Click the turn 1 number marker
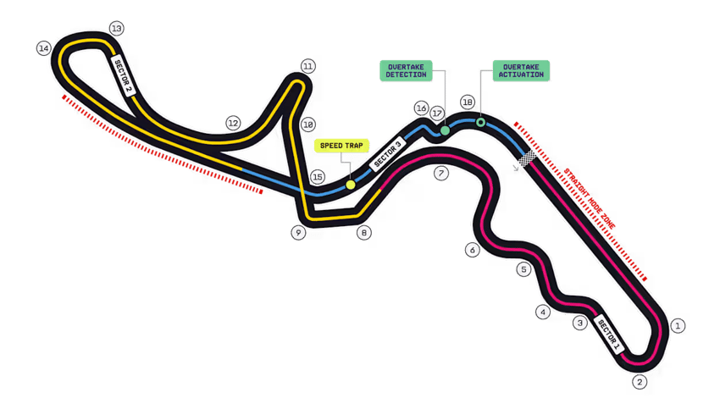(678, 324)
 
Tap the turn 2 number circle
(640, 382)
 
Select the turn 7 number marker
(440, 174)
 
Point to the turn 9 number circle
(297, 232)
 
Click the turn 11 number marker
(307, 66)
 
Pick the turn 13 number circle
(116, 29)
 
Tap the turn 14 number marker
(44, 48)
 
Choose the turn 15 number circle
(318, 177)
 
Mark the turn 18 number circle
(467, 102)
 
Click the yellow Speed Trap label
(342, 145)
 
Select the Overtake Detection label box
(407, 70)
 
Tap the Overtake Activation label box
(521, 70)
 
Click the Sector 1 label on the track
(609, 334)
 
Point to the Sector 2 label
(124, 75)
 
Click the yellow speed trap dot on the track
(350, 185)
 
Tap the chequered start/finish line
(529, 158)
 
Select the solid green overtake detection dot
(445, 130)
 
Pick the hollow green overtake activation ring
(480, 123)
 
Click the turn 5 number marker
(524, 270)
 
